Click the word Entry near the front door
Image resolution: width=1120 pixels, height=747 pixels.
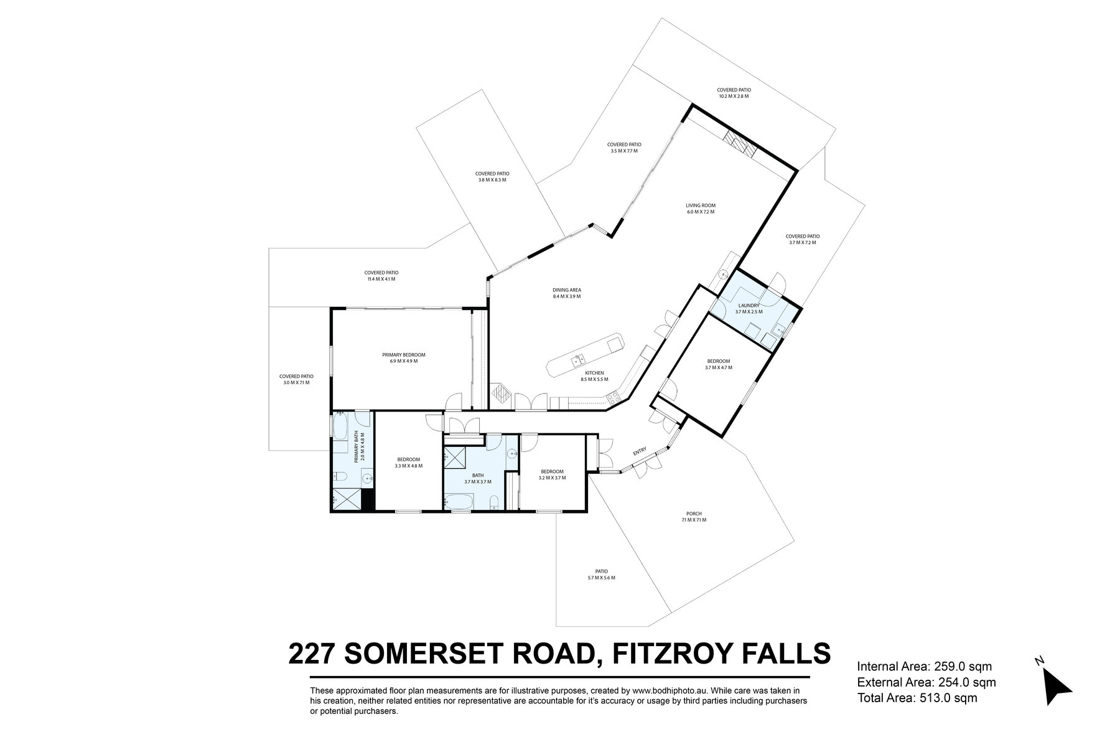coord(640,451)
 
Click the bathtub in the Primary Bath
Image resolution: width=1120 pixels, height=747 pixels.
coord(340,428)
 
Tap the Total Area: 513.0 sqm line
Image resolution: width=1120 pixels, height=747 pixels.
coord(917,698)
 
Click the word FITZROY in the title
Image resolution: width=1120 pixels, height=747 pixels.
coord(674,654)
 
